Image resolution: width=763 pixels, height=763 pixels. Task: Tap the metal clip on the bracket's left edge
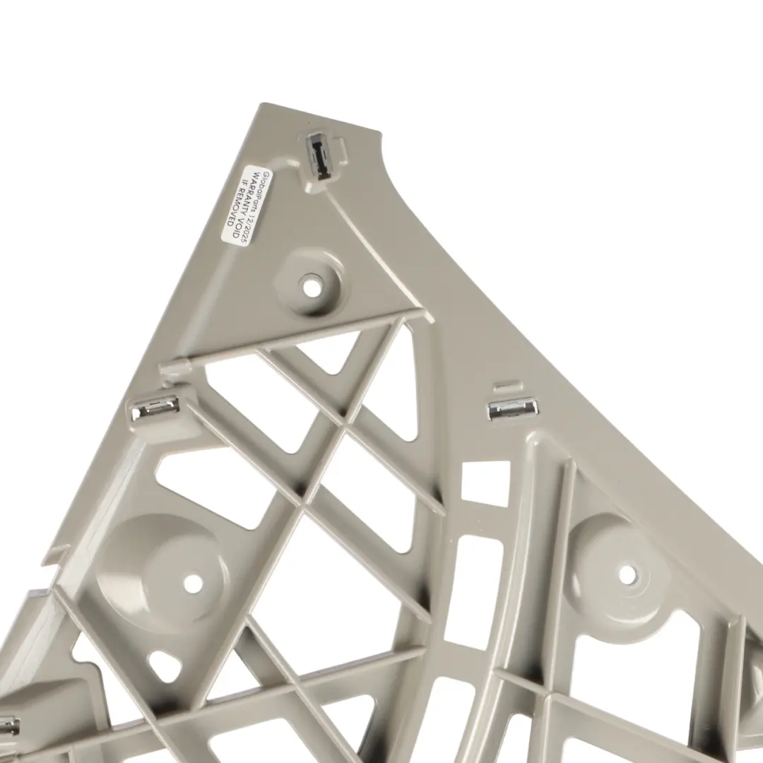pos(155,408)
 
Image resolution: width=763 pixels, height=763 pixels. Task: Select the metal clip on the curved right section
pos(513,410)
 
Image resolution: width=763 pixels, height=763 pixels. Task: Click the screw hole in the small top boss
pos(311,286)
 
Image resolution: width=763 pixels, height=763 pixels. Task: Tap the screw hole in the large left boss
pos(193,582)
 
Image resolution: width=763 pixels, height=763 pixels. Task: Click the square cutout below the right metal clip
pos(485,483)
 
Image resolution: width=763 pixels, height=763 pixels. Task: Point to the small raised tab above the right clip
pos(509,386)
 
